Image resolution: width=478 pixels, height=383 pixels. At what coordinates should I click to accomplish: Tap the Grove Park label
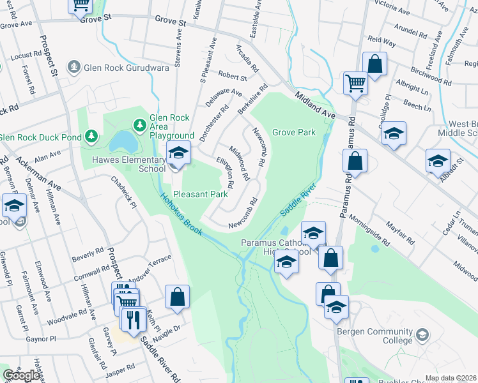[x=294, y=133]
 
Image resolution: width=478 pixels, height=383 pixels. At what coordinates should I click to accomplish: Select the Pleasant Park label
[x=201, y=193]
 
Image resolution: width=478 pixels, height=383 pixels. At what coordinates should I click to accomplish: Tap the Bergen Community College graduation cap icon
[x=422, y=334]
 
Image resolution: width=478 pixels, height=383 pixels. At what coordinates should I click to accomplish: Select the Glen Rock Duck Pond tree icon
[x=91, y=136]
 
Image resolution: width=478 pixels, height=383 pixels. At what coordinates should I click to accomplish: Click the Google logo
[x=21, y=375]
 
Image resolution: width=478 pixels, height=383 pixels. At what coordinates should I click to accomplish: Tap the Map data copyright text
[x=451, y=378]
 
